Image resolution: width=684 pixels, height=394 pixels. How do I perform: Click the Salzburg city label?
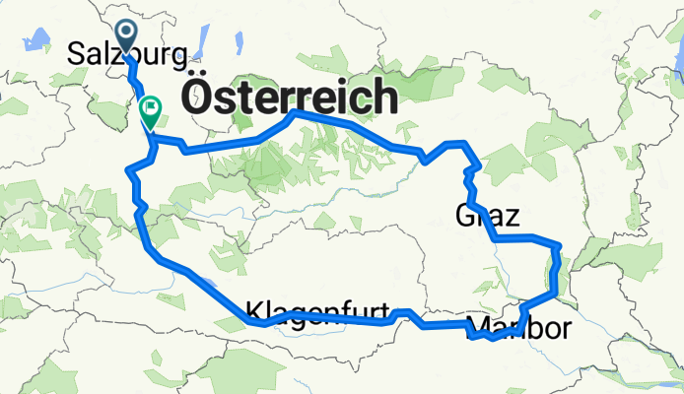(x=125, y=56)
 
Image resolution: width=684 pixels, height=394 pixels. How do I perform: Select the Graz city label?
(x=487, y=214)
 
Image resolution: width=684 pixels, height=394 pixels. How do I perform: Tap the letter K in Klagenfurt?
(x=252, y=308)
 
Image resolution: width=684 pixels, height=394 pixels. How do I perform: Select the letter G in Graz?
(x=465, y=214)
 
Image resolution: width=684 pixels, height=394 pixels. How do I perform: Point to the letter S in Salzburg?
(x=75, y=56)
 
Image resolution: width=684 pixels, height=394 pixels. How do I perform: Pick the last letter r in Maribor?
(x=563, y=327)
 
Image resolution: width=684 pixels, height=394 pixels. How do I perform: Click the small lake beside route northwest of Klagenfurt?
(x=213, y=287)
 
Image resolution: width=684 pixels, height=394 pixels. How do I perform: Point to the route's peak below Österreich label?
(x=294, y=114)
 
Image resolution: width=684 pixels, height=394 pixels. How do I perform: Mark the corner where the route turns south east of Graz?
(x=559, y=242)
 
